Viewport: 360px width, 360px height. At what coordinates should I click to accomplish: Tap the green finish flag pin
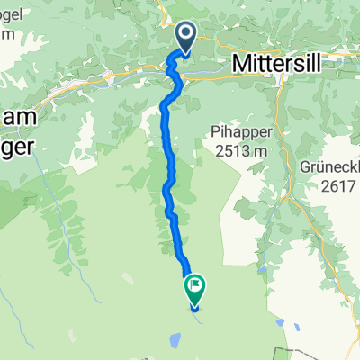point(195,288)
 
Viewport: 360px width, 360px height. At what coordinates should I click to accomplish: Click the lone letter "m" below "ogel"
point(7,34)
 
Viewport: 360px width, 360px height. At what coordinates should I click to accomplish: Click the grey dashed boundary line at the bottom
point(297,352)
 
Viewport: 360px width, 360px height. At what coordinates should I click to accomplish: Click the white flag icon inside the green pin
point(195,286)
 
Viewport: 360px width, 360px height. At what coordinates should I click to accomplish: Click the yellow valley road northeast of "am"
point(81,82)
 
